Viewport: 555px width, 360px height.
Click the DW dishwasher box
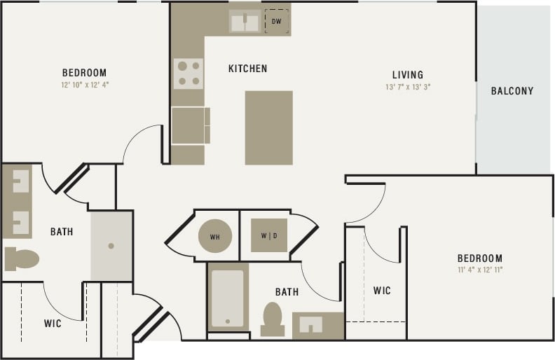(276, 22)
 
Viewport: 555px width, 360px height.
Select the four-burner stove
(188, 74)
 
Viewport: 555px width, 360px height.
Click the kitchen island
(268, 127)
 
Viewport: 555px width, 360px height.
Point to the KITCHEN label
(247, 69)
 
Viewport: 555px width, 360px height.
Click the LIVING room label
(407, 75)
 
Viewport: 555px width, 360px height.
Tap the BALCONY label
(512, 91)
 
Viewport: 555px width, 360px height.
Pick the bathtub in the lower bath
(228, 298)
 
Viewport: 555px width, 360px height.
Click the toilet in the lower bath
(271, 319)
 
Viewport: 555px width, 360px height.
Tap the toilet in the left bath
(22, 258)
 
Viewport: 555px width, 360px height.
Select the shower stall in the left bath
(111, 246)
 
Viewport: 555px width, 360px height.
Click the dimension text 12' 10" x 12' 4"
(84, 84)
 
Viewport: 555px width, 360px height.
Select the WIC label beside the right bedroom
(381, 291)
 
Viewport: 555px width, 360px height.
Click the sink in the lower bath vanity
(310, 325)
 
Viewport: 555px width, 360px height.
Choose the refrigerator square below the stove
(189, 126)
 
